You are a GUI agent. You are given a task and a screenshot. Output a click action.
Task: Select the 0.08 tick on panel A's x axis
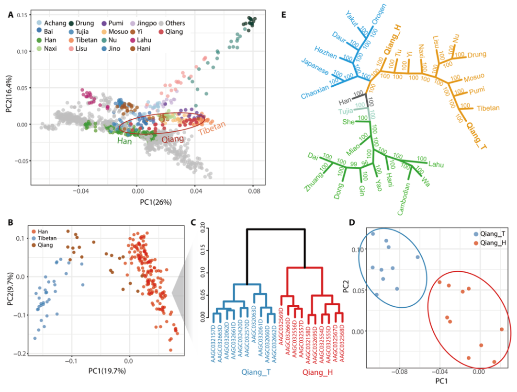253,190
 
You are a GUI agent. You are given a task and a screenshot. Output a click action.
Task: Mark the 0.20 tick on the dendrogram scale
202,229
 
